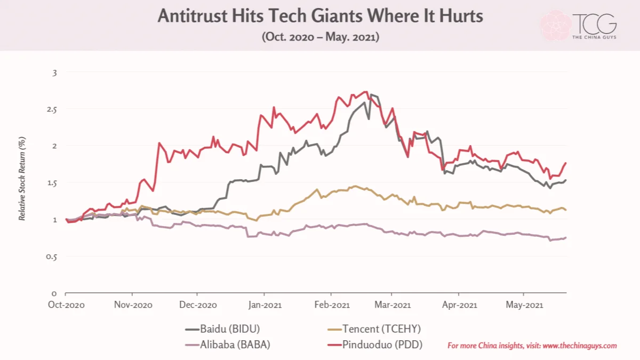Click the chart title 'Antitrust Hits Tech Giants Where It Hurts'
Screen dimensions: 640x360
click(321, 15)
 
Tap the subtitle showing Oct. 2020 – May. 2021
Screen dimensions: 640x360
click(321, 37)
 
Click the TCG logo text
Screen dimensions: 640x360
click(594, 24)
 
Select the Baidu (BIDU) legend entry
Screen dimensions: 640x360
click(222, 329)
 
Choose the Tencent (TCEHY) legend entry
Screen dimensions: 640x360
click(374, 329)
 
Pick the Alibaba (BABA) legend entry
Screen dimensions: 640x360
click(227, 345)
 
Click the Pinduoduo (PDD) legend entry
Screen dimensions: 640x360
click(375, 345)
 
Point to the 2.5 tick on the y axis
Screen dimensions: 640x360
click(52, 110)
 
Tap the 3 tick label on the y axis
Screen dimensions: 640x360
click(54, 73)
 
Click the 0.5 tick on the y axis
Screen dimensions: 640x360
click(51, 257)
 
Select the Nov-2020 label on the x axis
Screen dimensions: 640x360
click(133, 305)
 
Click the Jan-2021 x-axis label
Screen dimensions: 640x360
click(265, 305)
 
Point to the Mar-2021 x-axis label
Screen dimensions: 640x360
click(393, 305)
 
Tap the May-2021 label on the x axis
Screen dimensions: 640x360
click(524, 305)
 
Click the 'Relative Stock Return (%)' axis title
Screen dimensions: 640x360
click(22, 179)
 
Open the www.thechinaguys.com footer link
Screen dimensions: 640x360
click(580, 346)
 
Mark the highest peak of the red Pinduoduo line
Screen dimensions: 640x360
click(366, 92)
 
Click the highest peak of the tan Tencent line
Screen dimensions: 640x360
click(355, 186)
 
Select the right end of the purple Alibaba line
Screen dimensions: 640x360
click(566, 238)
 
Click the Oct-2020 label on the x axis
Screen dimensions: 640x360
click(66, 305)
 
